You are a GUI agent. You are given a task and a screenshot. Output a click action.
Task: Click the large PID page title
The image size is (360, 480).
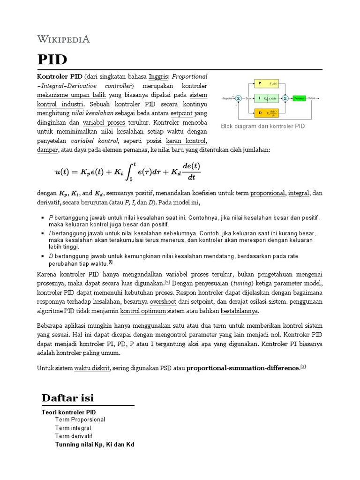point(52,60)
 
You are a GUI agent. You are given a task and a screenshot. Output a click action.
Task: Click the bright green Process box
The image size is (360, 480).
point(298,98)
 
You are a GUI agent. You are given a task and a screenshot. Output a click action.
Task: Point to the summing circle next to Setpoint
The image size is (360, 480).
point(238,98)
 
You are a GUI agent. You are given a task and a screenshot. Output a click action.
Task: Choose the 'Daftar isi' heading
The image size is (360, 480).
point(67,398)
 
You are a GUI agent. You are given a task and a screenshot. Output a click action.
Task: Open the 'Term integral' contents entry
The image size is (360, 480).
point(73,428)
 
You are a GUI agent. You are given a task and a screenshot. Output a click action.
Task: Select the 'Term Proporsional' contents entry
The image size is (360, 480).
point(80,420)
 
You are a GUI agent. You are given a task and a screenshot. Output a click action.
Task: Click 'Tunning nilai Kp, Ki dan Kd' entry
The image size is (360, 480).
point(95,444)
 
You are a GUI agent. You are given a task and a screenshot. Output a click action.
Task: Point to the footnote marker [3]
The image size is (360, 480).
point(303,367)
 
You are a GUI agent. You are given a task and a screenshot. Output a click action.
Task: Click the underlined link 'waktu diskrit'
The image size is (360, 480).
point(92,368)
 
